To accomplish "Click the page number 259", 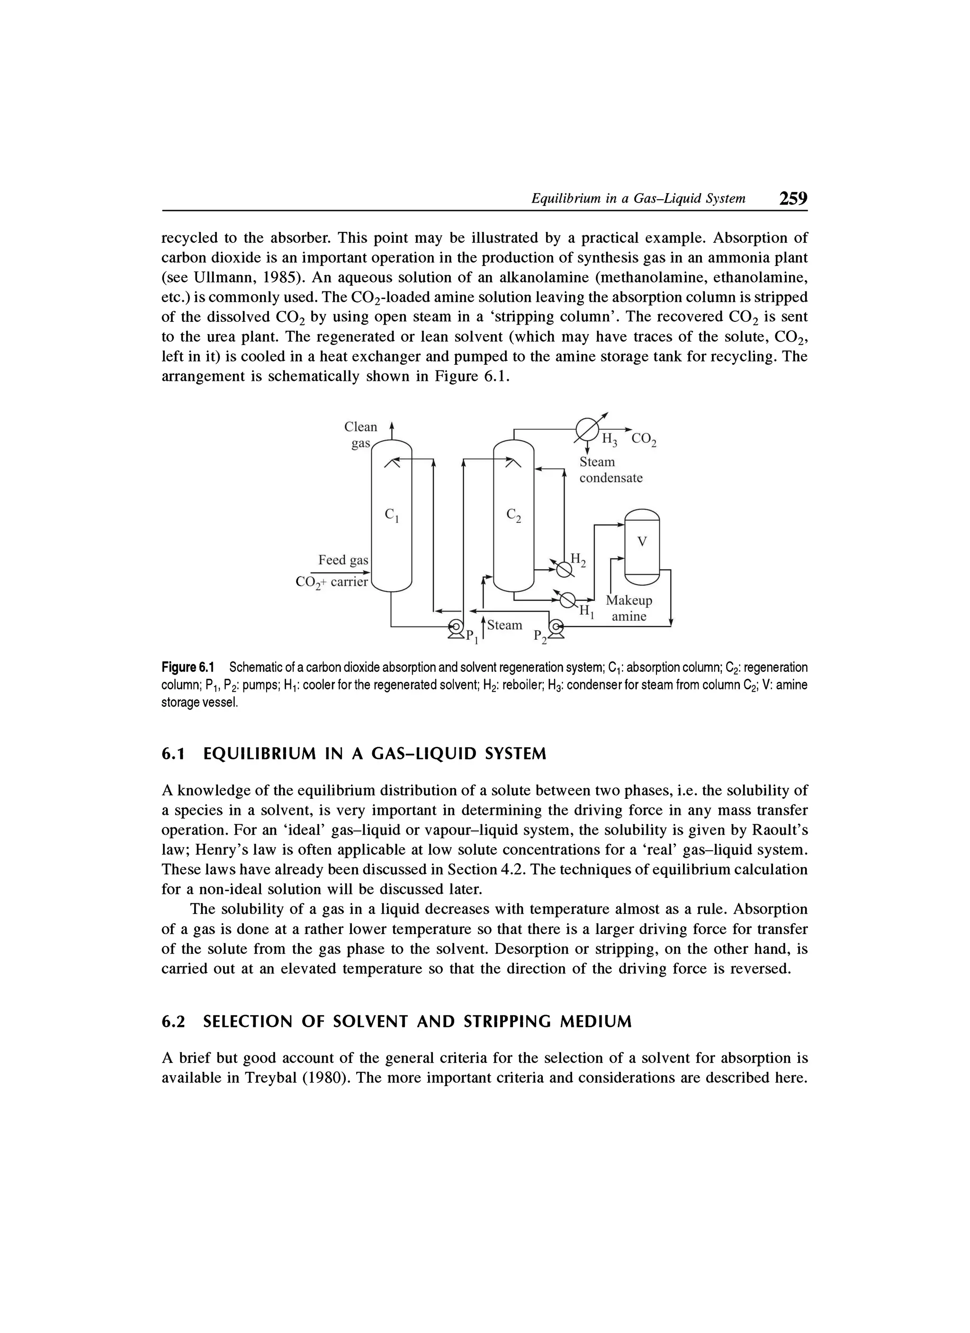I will click(792, 198).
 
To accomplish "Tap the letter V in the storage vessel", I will click(642, 542).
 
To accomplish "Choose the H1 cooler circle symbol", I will click(567, 600).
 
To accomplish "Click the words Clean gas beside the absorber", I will click(360, 435).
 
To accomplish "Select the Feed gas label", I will click(343, 560).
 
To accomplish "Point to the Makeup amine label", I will click(629, 609).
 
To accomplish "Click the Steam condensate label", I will click(611, 470).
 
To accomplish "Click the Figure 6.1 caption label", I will click(188, 667).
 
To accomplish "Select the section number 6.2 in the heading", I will click(173, 1022).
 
